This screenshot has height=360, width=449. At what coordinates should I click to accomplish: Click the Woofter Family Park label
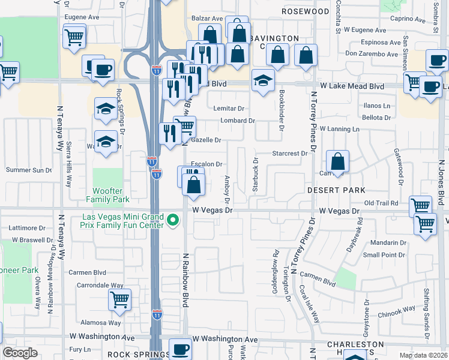[108, 194]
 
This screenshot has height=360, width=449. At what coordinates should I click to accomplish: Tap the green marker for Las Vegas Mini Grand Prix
[173, 220]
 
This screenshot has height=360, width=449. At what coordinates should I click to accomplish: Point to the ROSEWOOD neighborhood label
[306, 11]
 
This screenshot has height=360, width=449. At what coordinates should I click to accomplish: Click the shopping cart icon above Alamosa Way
[120, 299]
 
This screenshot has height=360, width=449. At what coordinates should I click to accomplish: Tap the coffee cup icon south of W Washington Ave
[179, 349]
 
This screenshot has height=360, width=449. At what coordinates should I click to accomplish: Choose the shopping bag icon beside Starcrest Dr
[338, 161]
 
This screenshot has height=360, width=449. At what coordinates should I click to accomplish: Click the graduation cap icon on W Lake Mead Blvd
[262, 80]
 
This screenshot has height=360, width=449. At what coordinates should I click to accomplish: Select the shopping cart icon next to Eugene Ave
[74, 38]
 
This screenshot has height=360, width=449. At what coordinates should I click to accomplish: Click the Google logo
[20, 353]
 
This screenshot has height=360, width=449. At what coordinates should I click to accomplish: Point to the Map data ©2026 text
[423, 355]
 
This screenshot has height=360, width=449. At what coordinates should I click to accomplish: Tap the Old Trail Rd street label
[381, 203]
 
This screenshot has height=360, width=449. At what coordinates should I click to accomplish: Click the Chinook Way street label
[396, 309]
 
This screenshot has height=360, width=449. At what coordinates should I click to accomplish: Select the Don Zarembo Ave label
[371, 54]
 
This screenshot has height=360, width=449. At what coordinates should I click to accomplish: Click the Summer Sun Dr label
[29, 170]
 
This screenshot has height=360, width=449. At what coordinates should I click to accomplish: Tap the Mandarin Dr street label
[388, 243]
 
